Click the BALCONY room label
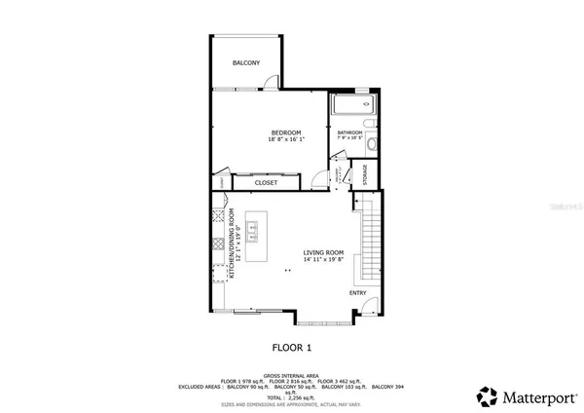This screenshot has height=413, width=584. [x=246, y=63]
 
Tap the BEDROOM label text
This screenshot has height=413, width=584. [x=285, y=132]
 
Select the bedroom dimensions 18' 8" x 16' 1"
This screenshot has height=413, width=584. [x=285, y=140]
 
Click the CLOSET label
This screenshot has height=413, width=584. [x=266, y=182]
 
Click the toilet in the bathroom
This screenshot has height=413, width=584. [x=373, y=142]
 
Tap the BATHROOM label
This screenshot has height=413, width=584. [x=349, y=132]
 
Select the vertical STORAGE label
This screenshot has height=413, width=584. [x=365, y=175]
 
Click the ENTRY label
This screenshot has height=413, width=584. [x=359, y=291]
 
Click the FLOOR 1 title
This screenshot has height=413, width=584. [x=291, y=347]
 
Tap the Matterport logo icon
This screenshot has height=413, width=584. [x=486, y=395]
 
